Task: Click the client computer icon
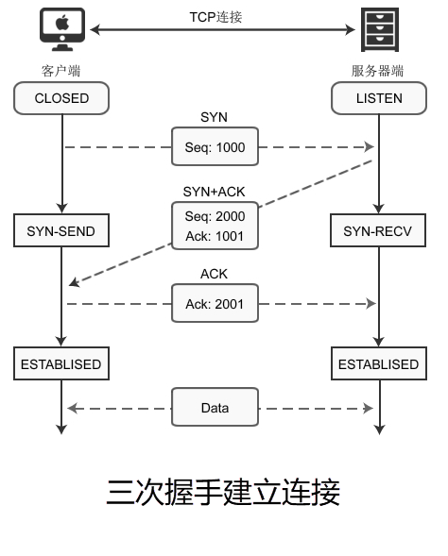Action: pyautogui.click(x=62, y=29)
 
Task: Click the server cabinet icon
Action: pyautogui.click(x=380, y=29)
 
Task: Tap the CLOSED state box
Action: pyautogui.click(x=61, y=98)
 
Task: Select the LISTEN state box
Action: pyautogui.click(x=379, y=98)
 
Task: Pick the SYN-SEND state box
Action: pyautogui.click(x=61, y=230)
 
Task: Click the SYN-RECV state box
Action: pyautogui.click(x=378, y=230)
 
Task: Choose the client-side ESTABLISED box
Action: pyautogui.click(x=61, y=363)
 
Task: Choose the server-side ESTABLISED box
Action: pyautogui.click(x=379, y=363)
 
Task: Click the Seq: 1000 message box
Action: pyautogui.click(x=215, y=146)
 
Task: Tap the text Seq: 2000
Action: pyautogui.click(x=215, y=216)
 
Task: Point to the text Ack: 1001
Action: pyautogui.click(x=215, y=236)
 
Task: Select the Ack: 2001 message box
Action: pyautogui.click(x=215, y=303)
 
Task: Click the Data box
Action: pyautogui.click(x=215, y=407)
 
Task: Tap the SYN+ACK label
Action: pyautogui.click(x=214, y=192)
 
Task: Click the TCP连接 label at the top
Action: pyautogui.click(x=215, y=17)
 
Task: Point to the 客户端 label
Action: pyautogui.click(x=60, y=71)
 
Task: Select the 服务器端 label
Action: pyautogui.click(x=377, y=71)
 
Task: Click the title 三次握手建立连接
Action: pyautogui.click(x=223, y=492)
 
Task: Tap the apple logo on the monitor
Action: pyautogui.click(x=62, y=23)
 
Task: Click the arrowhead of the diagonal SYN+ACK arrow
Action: pyautogui.click(x=74, y=282)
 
